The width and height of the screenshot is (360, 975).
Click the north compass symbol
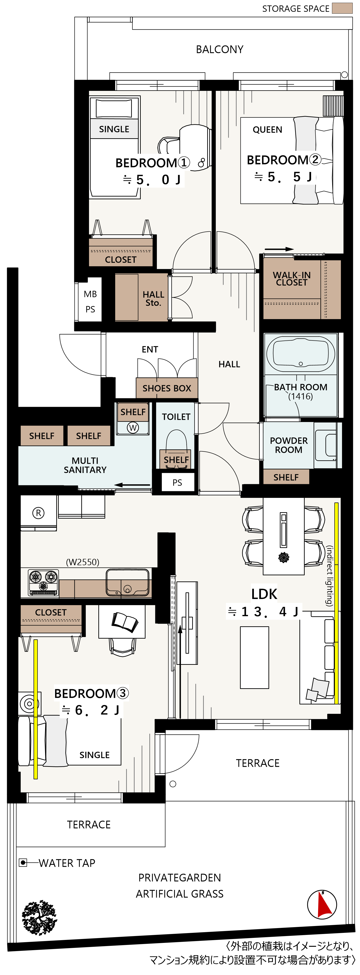[x=322, y=905]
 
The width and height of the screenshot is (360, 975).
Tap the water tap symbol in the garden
[x=23, y=862]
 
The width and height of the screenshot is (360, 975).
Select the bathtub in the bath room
[x=301, y=353]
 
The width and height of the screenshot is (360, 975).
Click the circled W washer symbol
[x=133, y=428]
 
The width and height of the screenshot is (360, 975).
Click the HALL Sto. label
[x=153, y=298]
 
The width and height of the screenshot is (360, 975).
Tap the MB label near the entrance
[x=90, y=294]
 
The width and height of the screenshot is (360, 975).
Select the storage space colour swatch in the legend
[x=342, y=8]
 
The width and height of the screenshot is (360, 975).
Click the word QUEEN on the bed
[x=267, y=130]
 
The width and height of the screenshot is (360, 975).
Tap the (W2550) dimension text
[x=82, y=562]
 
